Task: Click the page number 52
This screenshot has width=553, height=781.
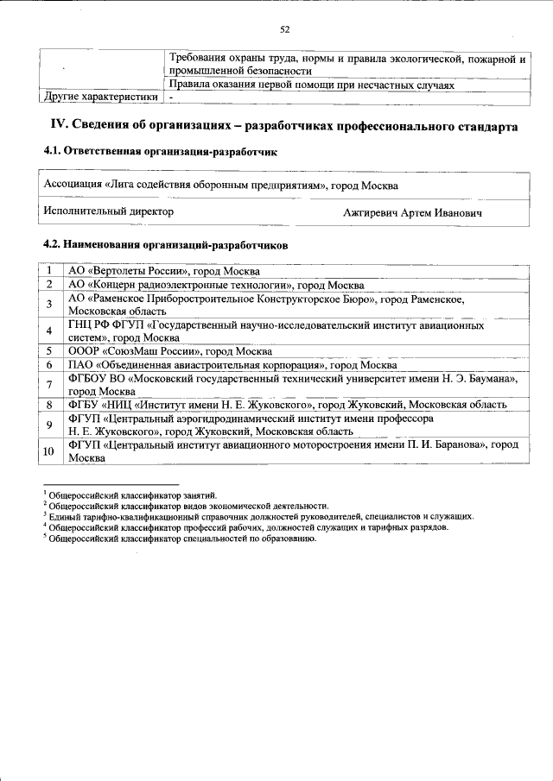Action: [x=284, y=30]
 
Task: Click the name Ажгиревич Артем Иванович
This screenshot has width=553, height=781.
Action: [x=412, y=212]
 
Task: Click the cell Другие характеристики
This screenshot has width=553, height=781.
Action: [x=95, y=98]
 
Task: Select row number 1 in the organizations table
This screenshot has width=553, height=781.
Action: [x=50, y=271]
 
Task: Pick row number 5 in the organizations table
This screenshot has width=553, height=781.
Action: [x=50, y=351]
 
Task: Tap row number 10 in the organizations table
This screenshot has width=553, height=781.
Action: [x=49, y=451]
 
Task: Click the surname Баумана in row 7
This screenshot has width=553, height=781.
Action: [x=490, y=379]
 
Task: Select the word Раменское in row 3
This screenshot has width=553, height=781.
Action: [x=427, y=299]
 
